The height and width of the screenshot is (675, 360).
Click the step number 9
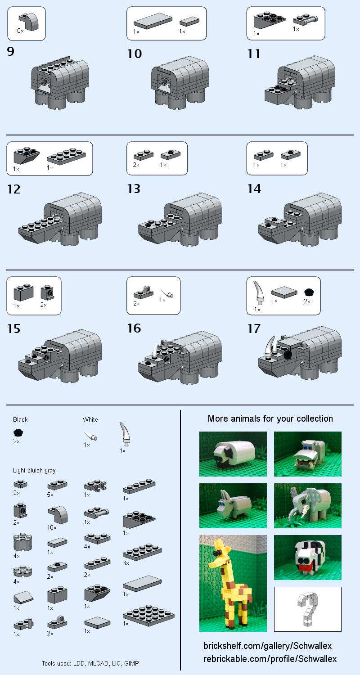(x=11, y=52)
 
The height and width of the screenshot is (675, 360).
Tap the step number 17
(x=254, y=329)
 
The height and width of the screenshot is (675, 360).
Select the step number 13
(x=134, y=189)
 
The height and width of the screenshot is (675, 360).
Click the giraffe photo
(x=233, y=583)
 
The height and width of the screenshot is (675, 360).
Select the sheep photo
(x=233, y=454)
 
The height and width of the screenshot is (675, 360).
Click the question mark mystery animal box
(x=308, y=609)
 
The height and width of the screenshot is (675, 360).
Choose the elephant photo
(x=308, y=506)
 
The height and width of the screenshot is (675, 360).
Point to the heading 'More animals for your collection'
(x=270, y=418)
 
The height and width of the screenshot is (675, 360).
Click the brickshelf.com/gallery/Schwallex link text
(x=267, y=646)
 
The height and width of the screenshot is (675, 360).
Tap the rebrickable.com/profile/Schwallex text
(x=270, y=659)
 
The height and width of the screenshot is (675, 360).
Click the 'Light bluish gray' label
(x=34, y=471)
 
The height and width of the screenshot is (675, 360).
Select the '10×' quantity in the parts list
(x=52, y=527)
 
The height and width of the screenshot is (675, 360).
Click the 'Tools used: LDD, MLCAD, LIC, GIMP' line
(x=94, y=663)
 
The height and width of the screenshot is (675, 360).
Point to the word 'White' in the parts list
(x=90, y=419)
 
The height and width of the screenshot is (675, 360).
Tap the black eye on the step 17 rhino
(x=288, y=355)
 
